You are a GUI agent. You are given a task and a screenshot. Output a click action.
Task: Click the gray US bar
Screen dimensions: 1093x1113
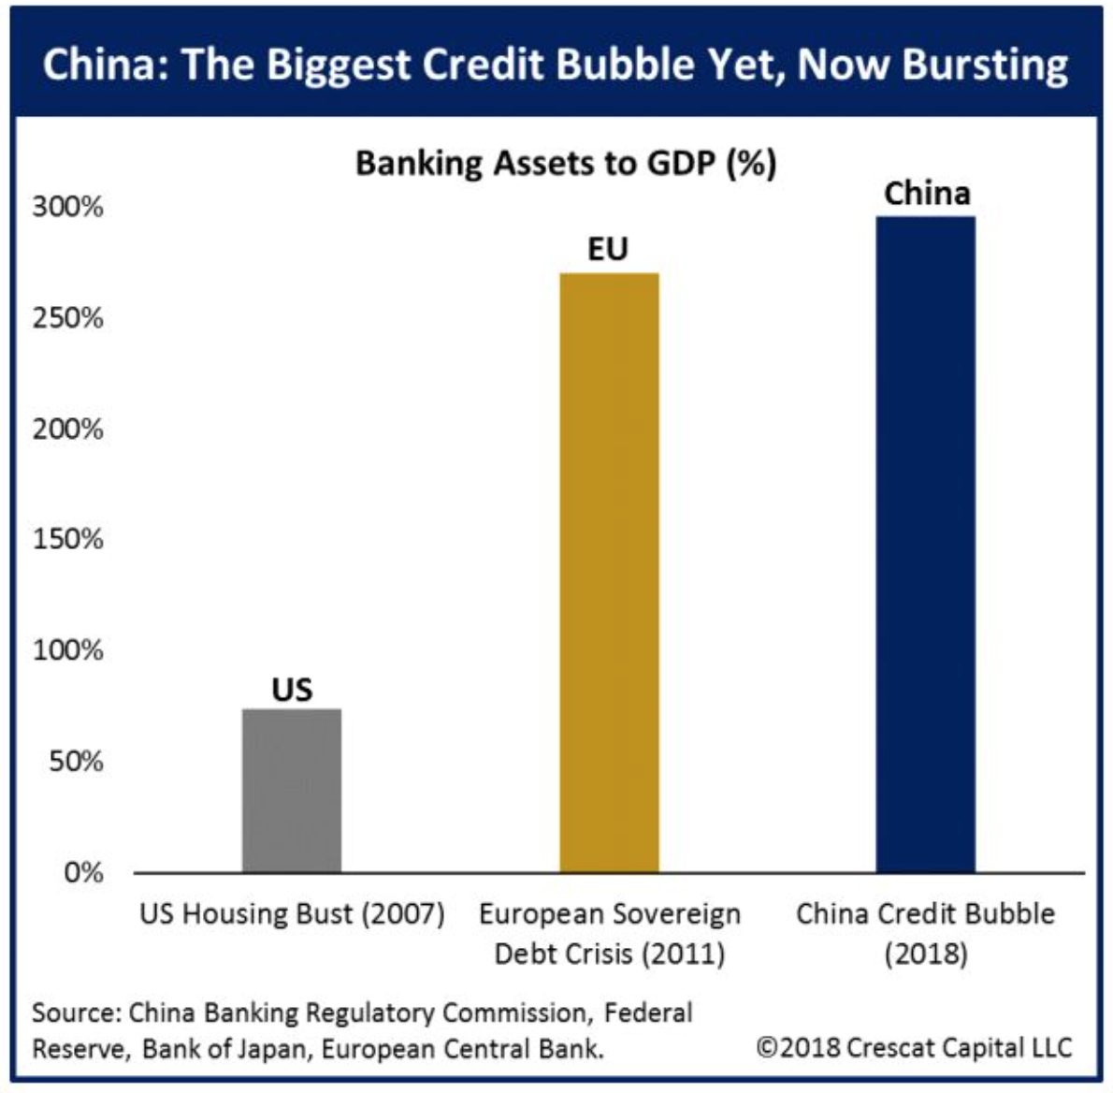(292, 791)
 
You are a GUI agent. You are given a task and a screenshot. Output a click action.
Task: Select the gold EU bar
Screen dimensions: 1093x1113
(609, 573)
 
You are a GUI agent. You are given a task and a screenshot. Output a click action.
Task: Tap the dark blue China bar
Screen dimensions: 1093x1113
(925, 545)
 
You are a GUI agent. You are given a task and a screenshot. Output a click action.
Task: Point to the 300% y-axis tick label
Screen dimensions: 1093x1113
(68, 207)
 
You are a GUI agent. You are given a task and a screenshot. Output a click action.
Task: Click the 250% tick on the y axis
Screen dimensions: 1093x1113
(68, 318)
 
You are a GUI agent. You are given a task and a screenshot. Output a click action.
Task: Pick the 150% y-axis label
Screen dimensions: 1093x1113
(68, 540)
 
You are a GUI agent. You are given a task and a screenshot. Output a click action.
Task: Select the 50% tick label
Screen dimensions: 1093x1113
(75, 762)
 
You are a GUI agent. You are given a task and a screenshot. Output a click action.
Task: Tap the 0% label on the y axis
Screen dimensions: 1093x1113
(82, 872)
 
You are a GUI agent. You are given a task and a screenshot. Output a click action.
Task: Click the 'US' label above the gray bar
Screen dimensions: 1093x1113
(292, 690)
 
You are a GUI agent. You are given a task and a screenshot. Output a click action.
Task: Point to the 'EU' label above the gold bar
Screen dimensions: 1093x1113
(608, 250)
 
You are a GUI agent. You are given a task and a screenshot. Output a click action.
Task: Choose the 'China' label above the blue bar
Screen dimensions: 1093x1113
(927, 194)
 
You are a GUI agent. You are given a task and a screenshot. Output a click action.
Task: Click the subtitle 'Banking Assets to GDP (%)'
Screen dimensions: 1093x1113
(566, 164)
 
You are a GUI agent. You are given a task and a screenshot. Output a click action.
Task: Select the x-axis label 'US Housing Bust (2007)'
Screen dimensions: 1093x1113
(292, 913)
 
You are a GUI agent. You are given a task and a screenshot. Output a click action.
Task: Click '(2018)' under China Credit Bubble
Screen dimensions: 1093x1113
(926, 955)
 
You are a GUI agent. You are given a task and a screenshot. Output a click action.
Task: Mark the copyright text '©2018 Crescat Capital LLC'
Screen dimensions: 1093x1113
(914, 1047)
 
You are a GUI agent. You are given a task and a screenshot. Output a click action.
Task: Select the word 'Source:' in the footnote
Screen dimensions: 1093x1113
(77, 1013)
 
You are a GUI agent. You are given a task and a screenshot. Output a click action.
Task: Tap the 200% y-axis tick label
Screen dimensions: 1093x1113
(68, 430)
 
